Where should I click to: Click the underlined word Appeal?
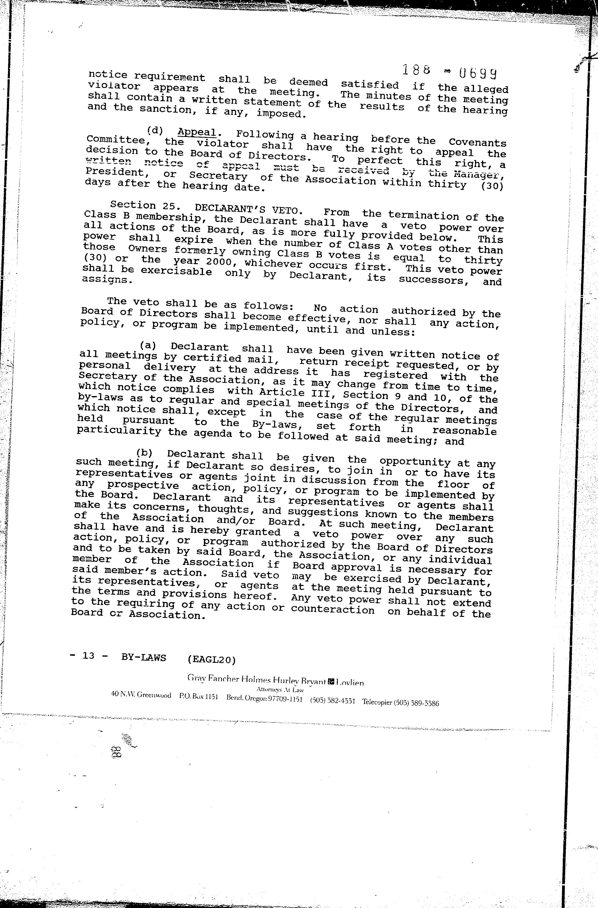[x=197, y=132]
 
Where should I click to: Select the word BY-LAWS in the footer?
[x=144, y=658]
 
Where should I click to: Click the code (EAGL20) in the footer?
[x=212, y=659]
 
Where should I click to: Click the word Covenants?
[x=477, y=143]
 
